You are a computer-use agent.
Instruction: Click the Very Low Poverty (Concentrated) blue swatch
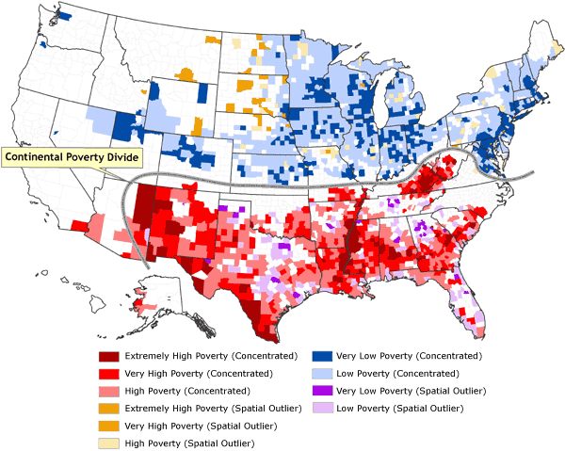[321, 357]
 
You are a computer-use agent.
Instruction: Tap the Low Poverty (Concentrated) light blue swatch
[321, 374]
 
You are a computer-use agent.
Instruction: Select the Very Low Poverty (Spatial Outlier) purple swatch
[321, 391]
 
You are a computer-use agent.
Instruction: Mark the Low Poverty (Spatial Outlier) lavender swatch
[321, 408]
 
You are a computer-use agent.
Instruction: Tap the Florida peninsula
[470, 311]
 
